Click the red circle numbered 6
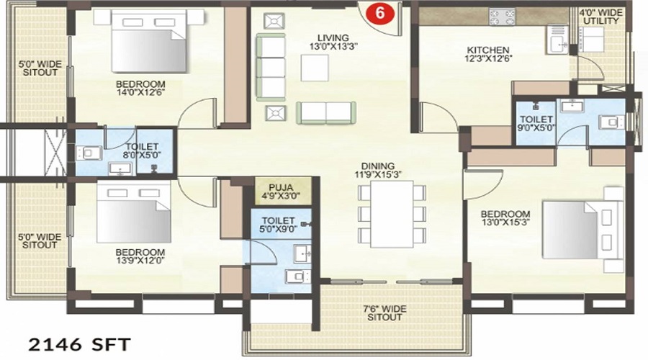[379, 12]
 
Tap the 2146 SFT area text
[79, 345]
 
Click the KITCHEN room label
[488, 50]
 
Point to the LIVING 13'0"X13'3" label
[333, 42]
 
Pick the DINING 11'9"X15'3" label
[378, 171]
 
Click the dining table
[392, 214]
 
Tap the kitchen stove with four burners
[502, 17]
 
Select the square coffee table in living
[315, 68]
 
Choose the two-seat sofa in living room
[326, 113]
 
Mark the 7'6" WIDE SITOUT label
[384, 313]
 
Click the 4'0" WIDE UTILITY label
[600, 17]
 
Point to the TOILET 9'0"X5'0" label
[536, 124]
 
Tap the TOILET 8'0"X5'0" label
[142, 151]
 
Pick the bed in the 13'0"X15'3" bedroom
[582, 230]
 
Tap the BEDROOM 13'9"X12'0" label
[140, 256]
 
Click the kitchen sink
[558, 40]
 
